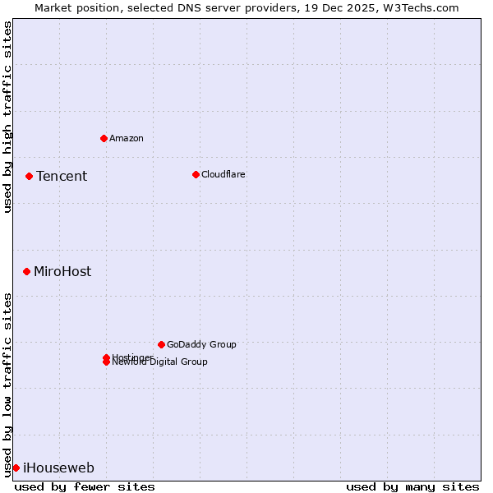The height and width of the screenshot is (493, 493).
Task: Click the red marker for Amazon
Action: [104, 138]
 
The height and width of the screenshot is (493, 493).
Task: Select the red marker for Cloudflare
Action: [196, 174]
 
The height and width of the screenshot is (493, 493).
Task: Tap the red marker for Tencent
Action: [29, 176]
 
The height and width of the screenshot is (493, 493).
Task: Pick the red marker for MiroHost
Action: [26, 271]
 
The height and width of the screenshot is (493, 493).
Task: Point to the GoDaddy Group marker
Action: [161, 344]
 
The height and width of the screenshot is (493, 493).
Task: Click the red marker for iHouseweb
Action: [16, 468]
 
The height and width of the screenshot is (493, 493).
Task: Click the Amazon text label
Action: [127, 138]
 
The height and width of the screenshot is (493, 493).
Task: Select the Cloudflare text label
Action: [223, 174]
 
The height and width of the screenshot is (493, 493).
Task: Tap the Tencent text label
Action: [62, 176]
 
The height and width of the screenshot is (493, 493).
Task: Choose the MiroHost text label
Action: [62, 271]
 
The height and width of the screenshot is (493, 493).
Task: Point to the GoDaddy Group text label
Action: [201, 344]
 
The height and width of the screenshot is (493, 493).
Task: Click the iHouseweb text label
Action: [58, 468]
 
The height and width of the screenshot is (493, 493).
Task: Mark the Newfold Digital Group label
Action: [160, 362]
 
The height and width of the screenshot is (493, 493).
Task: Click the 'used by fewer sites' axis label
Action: [85, 486]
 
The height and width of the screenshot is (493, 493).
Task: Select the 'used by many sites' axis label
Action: [412, 486]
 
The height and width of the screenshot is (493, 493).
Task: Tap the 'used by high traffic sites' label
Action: [7, 117]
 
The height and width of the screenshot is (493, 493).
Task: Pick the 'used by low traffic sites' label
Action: [7, 385]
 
